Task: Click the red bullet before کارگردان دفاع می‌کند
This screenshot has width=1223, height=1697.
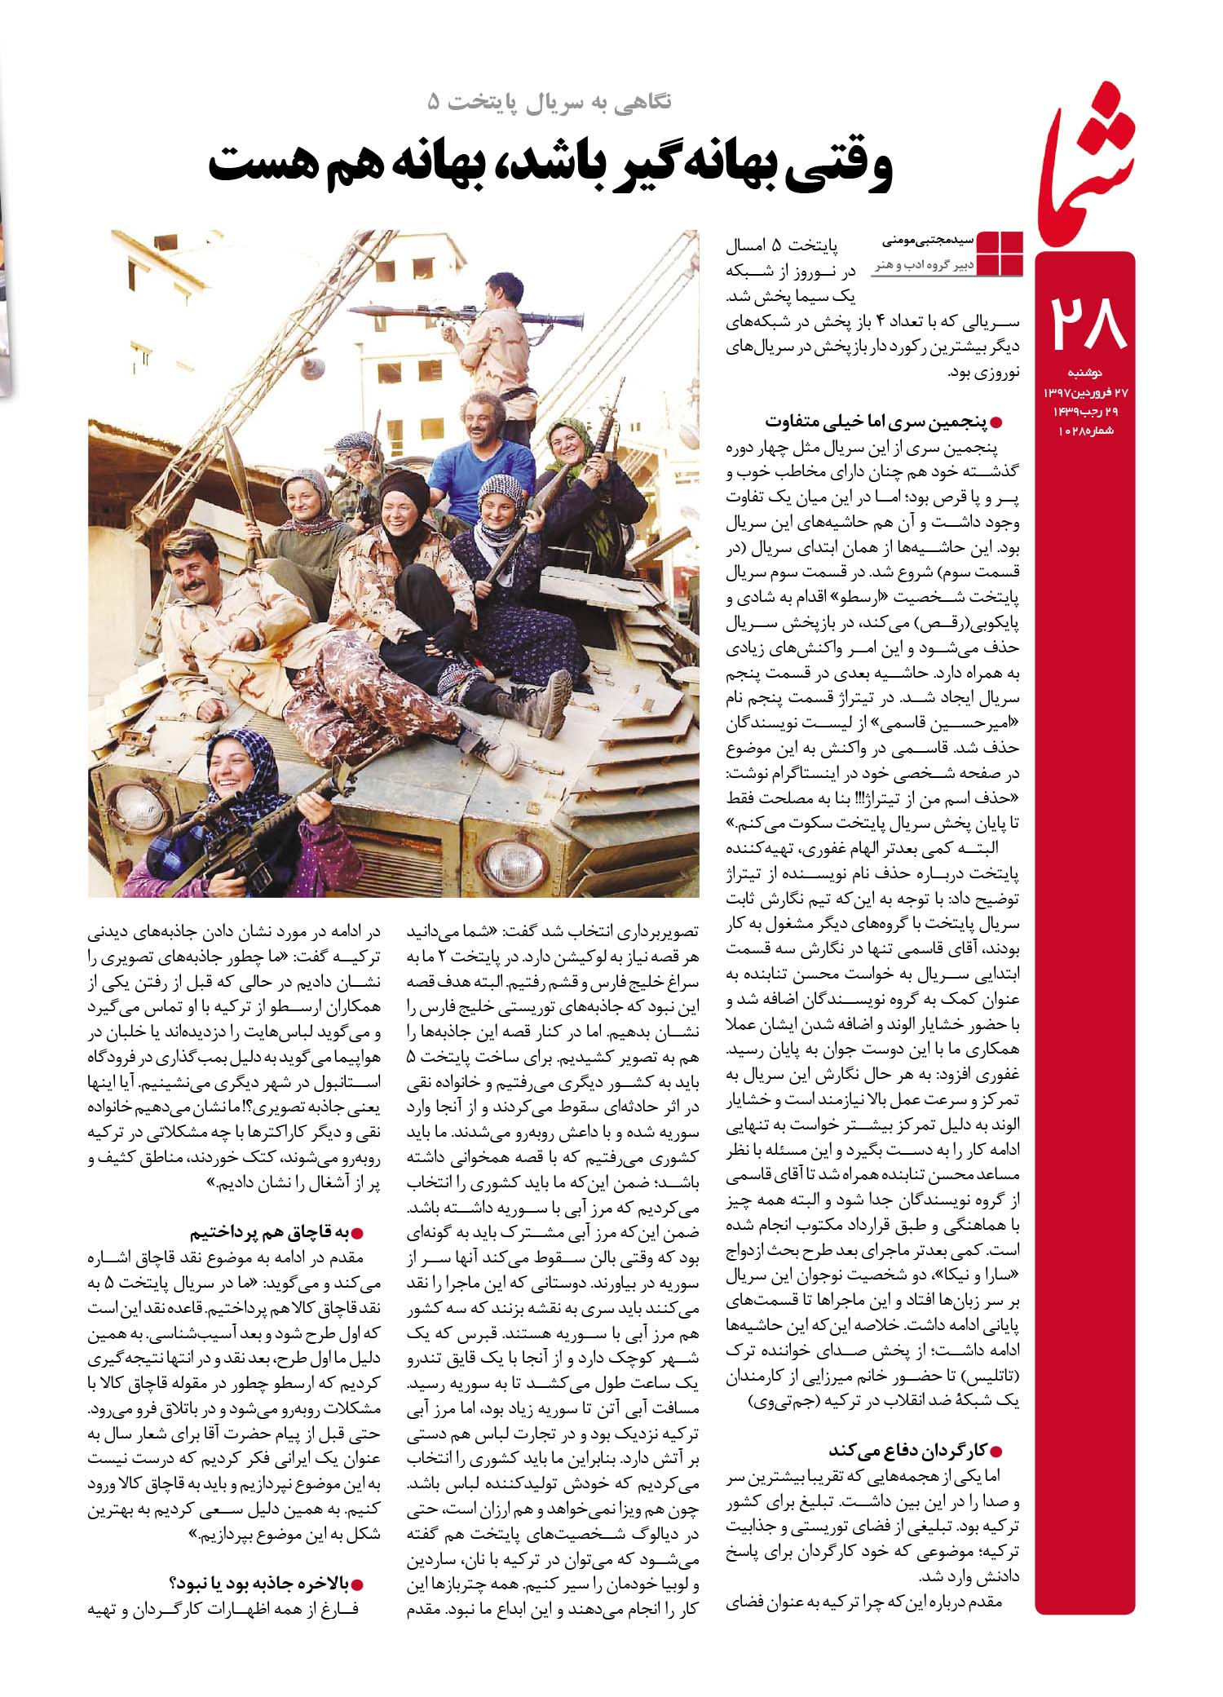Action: point(994,1451)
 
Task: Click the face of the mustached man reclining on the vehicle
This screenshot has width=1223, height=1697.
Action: point(191,575)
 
